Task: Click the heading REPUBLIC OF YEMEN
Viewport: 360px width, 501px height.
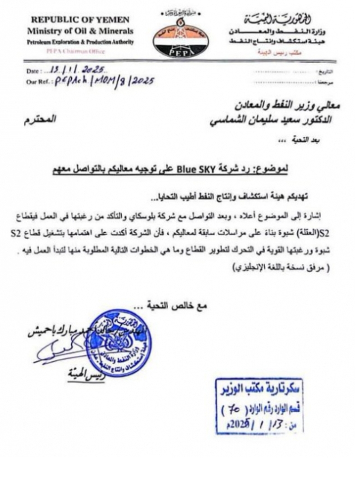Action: pos(80,20)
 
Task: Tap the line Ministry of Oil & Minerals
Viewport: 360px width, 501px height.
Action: pos(80,31)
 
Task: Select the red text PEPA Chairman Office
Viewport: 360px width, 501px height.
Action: pos(75,51)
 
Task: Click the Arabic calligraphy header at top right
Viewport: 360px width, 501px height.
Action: pos(279,19)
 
